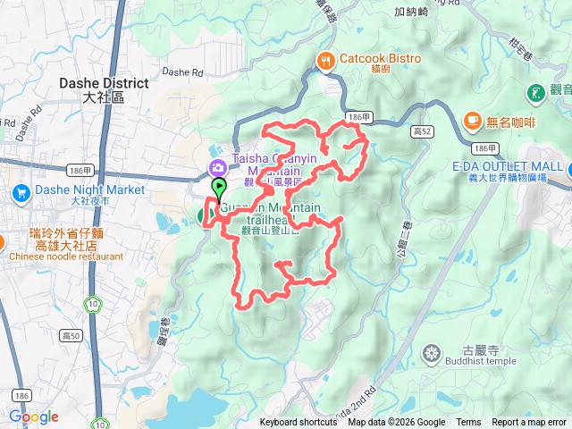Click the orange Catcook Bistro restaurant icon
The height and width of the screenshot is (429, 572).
[x=324, y=60]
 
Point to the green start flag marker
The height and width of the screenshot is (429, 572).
[x=219, y=189]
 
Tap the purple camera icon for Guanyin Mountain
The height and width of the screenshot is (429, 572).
[x=218, y=166]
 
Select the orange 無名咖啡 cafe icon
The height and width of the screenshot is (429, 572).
[x=470, y=120]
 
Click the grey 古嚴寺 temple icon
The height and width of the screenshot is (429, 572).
[x=433, y=353]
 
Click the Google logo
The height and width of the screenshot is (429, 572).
[x=34, y=416]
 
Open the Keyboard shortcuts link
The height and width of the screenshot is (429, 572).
[x=299, y=423]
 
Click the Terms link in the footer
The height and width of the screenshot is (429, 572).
[x=468, y=423]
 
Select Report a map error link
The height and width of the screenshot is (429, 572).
[x=528, y=423]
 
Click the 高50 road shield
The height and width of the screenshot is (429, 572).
[x=71, y=336]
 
